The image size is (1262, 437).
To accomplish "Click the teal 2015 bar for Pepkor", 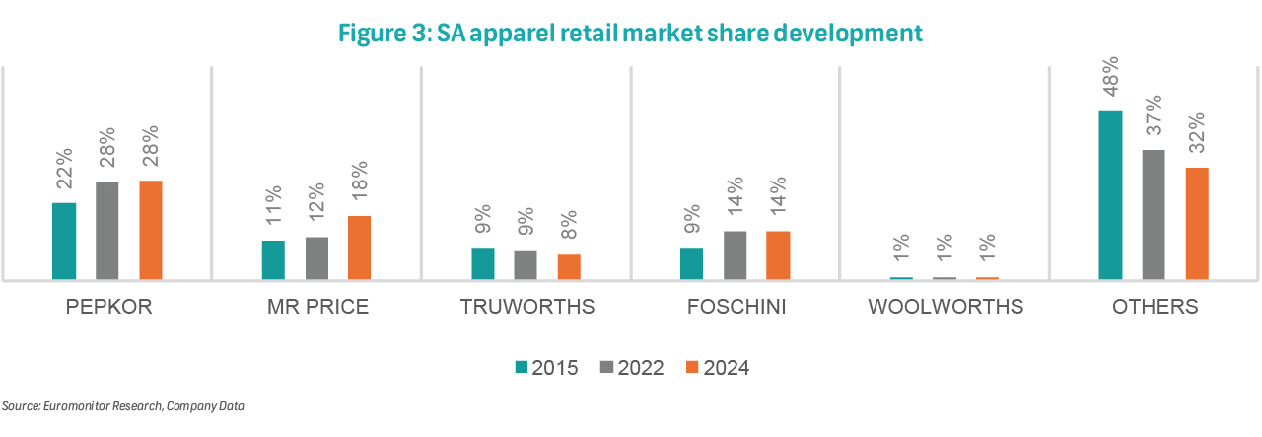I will [64, 242].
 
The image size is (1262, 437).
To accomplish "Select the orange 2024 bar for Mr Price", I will [360, 248].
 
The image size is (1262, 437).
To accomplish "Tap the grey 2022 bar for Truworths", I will [526, 265].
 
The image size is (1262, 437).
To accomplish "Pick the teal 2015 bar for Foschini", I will [692, 263].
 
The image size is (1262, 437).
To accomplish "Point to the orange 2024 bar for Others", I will [1197, 224].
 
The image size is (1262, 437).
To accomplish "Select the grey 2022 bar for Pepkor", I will [107, 231].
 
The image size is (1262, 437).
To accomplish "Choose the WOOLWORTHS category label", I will [946, 307].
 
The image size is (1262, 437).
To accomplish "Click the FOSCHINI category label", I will [736, 307].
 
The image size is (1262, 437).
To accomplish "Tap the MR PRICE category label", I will [317, 307].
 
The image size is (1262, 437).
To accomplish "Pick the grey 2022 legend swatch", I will [606, 368].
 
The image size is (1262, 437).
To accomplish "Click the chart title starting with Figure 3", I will [631, 33].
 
